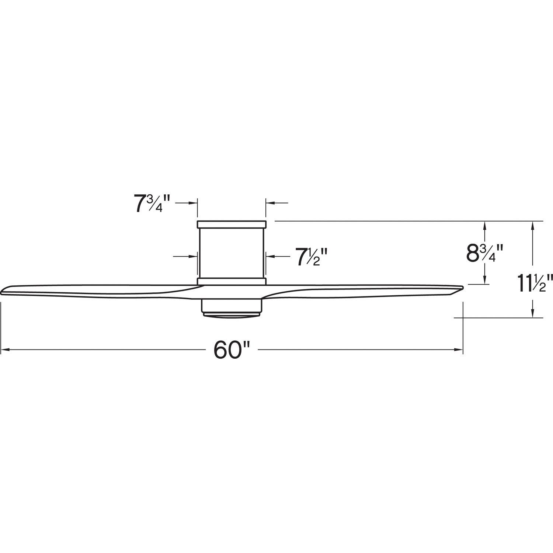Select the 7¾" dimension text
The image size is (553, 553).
click(152, 204)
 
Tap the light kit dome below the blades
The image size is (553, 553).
click(232, 314)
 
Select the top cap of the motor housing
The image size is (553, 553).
click(232, 224)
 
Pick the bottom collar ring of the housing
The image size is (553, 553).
click(232, 281)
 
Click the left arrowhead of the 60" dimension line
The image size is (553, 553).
click(5, 349)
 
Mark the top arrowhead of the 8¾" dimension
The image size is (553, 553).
click(485, 225)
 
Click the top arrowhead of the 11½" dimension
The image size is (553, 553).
click(532, 225)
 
